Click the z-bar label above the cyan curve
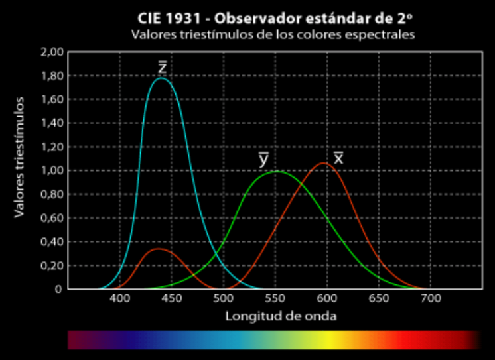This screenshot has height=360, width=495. click(162, 68)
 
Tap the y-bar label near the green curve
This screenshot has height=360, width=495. click(263, 160)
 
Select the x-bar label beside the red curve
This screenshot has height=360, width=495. click(338, 158)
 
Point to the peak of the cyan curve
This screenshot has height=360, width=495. click(161, 78)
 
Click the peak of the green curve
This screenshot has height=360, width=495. click(275, 172)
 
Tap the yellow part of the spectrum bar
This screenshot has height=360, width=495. click(325, 340)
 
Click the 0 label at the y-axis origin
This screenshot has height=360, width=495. click(58, 289)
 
